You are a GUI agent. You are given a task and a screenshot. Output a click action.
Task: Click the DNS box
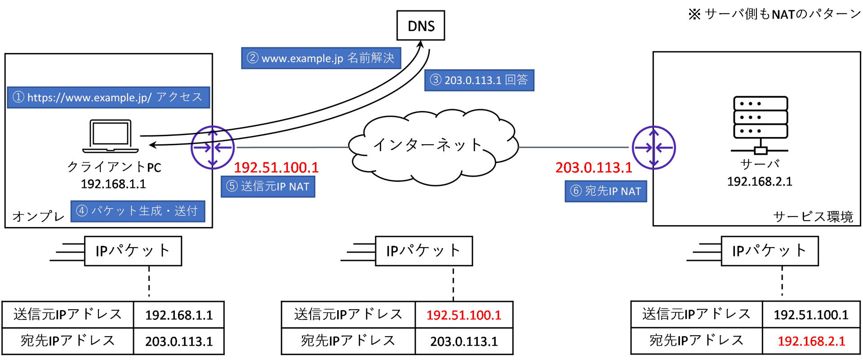(x=420, y=26)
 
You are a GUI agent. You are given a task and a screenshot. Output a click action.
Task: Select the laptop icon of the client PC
(x=111, y=136)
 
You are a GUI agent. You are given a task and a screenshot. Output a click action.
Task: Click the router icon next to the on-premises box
(x=212, y=147)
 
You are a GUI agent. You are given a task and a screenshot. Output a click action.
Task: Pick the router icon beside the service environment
(x=654, y=147)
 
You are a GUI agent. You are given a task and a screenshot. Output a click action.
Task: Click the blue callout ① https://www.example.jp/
(x=108, y=98)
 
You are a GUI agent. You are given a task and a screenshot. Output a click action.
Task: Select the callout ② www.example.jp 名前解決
(x=321, y=58)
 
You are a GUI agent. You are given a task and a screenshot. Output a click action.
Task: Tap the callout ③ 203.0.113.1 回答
(x=479, y=80)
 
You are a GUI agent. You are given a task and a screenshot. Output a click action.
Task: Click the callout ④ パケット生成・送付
(x=138, y=211)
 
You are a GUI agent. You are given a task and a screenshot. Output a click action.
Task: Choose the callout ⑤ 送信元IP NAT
(x=268, y=187)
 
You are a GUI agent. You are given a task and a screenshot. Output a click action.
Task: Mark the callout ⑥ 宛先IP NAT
(x=605, y=191)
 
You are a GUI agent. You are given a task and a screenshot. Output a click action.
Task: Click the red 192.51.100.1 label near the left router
(x=276, y=168)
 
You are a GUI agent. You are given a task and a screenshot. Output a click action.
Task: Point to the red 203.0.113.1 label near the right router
(x=593, y=168)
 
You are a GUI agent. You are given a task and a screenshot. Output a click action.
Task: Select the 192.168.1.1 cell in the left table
(x=179, y=315)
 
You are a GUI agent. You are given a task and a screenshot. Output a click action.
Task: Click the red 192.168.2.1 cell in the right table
(x=811, y=341)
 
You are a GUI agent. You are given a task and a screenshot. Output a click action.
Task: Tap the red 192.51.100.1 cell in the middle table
(x=463, y=315)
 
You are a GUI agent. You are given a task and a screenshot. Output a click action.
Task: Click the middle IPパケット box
(x=423, y=251)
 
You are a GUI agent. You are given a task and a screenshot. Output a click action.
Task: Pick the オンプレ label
(x=38, y=217)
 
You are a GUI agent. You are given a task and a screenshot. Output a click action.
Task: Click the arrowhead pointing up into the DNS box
(x=420, y=44)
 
